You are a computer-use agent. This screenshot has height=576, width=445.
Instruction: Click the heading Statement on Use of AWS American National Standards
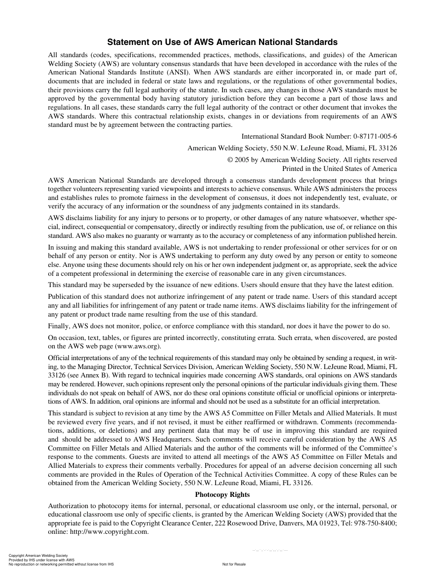click(222, 42)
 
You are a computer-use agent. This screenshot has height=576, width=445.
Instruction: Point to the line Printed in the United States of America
click(339, 169)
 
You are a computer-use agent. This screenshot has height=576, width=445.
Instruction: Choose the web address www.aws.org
click(139, 346)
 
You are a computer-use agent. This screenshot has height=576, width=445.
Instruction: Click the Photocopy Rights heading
click(222, 495)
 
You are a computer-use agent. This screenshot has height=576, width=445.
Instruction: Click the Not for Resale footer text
click(234, 564)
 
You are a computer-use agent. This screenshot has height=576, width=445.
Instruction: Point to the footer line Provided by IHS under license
click(42, 560)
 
